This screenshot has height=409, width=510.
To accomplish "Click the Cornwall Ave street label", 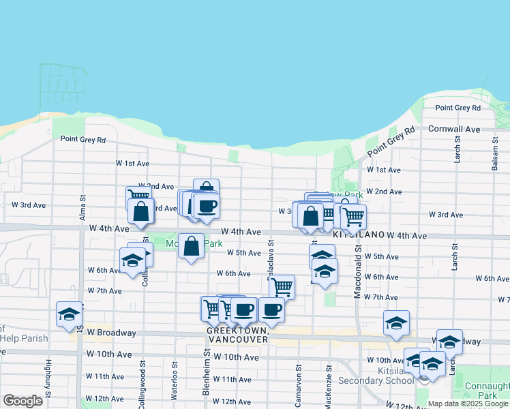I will tap(453, 129).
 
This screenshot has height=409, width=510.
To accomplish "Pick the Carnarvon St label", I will tap(299, 385).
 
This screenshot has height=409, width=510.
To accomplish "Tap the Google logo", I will tap(22, 400).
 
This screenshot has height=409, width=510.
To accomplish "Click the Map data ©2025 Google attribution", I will tap(468, 404).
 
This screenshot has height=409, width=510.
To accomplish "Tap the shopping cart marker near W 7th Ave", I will tap(282, 287).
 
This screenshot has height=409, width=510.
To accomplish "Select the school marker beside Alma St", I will tap(69, 314).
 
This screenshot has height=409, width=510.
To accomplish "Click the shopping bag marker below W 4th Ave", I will tap(192, 245).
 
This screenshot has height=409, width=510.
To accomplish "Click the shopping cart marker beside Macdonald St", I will tap(353, 217).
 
